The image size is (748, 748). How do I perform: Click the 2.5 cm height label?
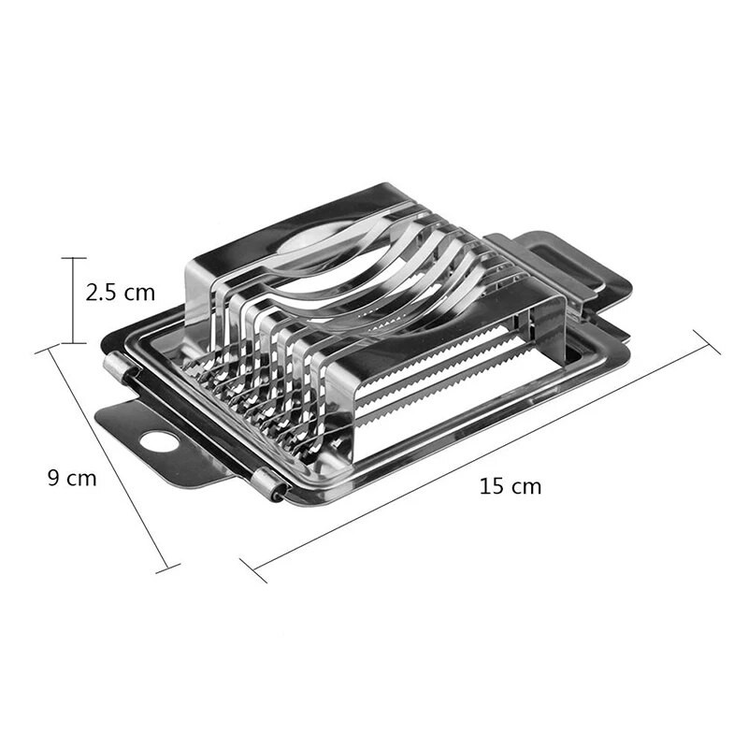[120, 292]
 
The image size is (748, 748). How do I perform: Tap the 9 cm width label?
[72, 478]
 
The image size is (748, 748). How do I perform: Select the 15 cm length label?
[510, 486]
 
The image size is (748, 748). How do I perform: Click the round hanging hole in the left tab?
[158, 440]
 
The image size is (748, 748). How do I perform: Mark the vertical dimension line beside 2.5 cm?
[73, 299]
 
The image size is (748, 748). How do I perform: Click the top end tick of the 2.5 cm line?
[73, 258]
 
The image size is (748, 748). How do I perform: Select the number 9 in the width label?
[54, 478]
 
